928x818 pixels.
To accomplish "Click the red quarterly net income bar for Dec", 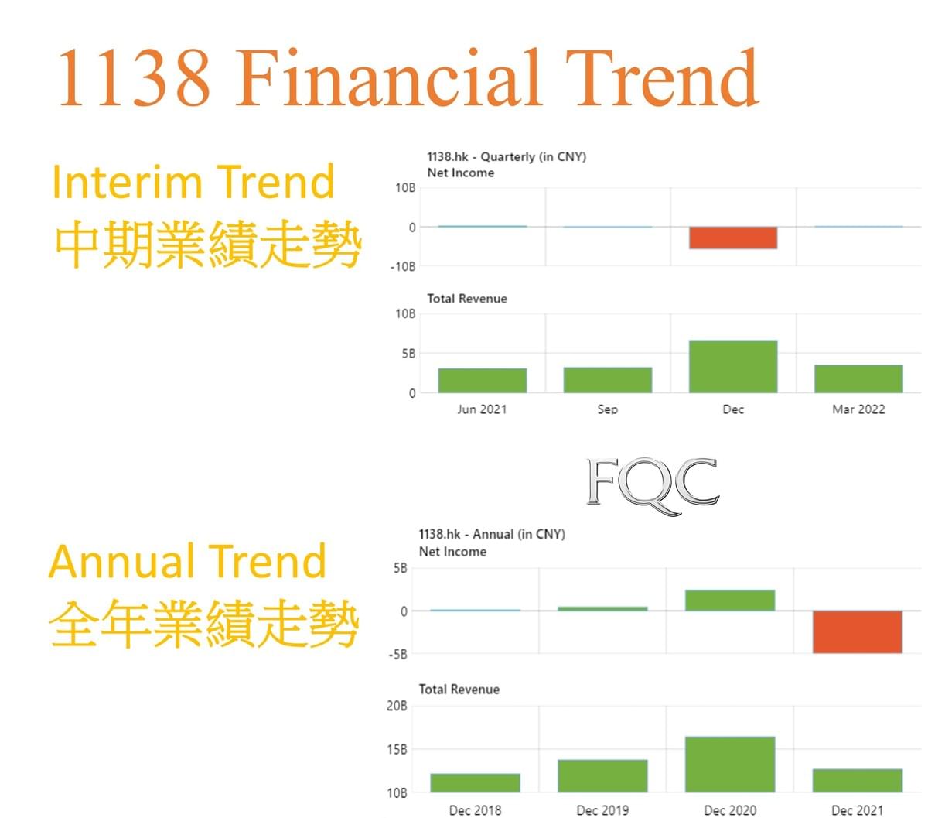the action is (733, 238).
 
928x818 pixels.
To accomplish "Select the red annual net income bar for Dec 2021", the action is (857, 631).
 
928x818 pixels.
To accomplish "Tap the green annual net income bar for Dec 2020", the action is (730, 601).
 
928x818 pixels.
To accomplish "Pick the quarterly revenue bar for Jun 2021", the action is (483, 380).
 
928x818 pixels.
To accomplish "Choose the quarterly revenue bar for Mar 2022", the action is (858, 378).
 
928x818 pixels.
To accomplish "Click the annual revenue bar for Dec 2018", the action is (475, 782).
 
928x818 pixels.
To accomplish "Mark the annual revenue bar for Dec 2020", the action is (730, 765).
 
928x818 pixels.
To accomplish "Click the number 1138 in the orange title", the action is (134, 78).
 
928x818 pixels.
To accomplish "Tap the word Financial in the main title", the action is (389, 77).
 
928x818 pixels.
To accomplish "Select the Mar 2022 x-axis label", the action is (858, 409).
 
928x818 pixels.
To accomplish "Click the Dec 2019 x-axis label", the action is (602, 810).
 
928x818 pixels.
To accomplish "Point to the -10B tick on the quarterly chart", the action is (403, 267).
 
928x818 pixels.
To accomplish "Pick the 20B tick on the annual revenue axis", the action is (397, 706).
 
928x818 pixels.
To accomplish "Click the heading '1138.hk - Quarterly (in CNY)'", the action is (507, 157).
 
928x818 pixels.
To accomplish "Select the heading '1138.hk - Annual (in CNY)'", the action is (492, 534).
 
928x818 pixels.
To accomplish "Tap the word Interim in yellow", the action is (127, 182).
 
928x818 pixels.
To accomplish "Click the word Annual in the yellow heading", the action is (122, 561).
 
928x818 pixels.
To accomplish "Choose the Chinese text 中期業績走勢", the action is (208, 244).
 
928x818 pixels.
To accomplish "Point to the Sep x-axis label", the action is (607, 409).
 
